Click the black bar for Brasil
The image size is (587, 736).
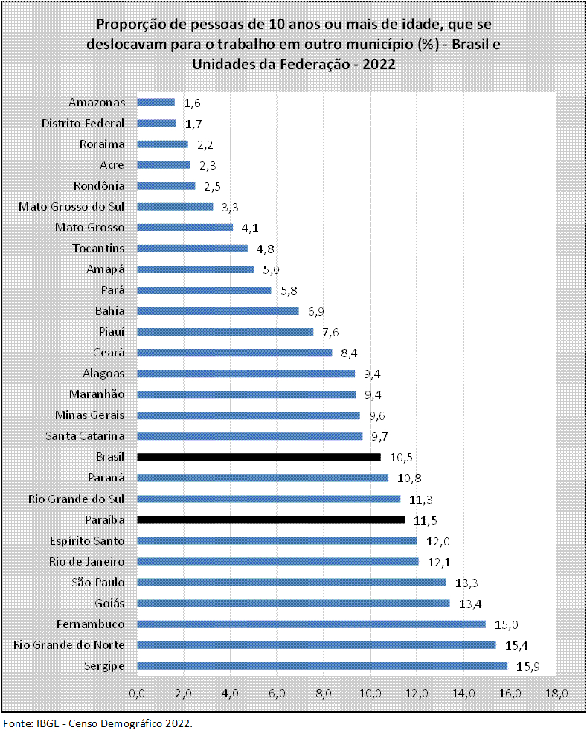click(258, 457)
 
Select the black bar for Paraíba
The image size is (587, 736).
click(271, 519)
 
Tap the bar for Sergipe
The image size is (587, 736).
click(321, 665)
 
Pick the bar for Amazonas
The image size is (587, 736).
click(155, 103)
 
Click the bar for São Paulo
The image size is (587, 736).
click(292, 582)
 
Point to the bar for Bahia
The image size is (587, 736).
click(217, 311)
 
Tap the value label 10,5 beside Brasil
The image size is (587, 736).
click(401, 458)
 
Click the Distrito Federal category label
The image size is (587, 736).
click(83, 124)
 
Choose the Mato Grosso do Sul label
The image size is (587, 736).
click(71, 207)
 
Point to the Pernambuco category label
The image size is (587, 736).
click(90, 624)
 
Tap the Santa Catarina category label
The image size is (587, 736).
click(85, 436)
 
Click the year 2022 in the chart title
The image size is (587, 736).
click(379, 64)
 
